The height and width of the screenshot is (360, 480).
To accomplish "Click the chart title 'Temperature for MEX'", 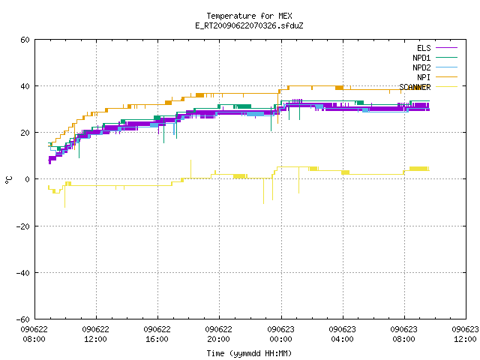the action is coord(249,16).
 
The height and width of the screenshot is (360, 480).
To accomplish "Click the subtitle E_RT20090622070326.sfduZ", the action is coord(249,25).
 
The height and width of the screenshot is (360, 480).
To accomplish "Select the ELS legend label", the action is coord(424,48).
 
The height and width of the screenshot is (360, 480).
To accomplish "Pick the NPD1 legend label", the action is coord(421,58).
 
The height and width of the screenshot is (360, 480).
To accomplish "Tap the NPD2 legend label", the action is coord(421,67).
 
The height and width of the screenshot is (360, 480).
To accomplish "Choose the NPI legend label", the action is coord(424,77).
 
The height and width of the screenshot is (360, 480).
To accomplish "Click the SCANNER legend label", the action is coord(415,87).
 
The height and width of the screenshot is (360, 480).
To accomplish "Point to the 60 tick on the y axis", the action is coord(25,40).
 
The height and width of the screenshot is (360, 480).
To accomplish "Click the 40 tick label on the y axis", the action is coord(25,86).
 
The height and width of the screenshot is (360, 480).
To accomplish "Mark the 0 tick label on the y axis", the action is coord(28,179).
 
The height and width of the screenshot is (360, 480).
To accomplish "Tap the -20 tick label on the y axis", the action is coord(23,226).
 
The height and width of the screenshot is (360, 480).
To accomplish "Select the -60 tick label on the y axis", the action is coord(23,319).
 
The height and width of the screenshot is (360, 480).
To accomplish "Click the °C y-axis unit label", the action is coord(9,180).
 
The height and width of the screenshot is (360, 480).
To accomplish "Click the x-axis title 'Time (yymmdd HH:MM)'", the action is coord(249,353).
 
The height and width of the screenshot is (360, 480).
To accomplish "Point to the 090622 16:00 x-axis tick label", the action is coord(157,334).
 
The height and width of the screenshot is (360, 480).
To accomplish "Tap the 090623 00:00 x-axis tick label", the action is coord(280,334).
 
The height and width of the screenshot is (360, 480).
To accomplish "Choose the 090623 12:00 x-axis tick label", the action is coord(465,334).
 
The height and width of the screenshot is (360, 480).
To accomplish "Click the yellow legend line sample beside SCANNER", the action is coord(447,87).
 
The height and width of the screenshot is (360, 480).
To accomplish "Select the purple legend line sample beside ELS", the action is coord(447,48).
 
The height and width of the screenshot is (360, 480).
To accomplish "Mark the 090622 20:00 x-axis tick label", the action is coord(218,334).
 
